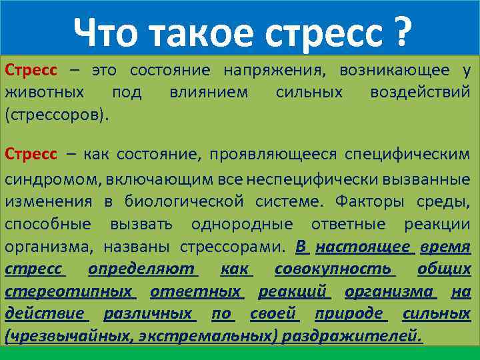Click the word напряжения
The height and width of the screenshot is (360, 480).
pos(275,70)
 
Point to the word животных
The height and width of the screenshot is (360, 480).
pos(45,92)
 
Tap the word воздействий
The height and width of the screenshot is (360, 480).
pos(420,92)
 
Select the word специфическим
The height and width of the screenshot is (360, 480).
pos(407,155)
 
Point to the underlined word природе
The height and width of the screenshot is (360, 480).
pos(351,313)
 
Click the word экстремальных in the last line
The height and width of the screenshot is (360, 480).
pos(209,336)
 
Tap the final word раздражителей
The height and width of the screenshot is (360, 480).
pos(351,336)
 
